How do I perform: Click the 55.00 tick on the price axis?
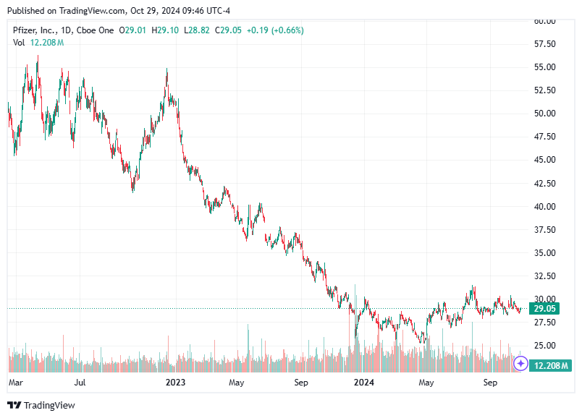[x=544, y=67]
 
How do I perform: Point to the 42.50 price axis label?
[x=544, y=183]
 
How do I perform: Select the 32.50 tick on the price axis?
[x=544, y=276]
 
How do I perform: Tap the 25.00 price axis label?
[x=544, y=346]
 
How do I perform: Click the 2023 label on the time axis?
[x=176, y=382]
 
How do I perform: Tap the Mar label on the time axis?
[x=16, y=382]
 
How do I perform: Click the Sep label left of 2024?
[x=302, y=382]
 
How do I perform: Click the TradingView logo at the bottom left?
[x=41, y=406]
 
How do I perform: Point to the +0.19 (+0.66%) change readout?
[x=274, y=30]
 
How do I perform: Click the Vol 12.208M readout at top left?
[x=38, y=43]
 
